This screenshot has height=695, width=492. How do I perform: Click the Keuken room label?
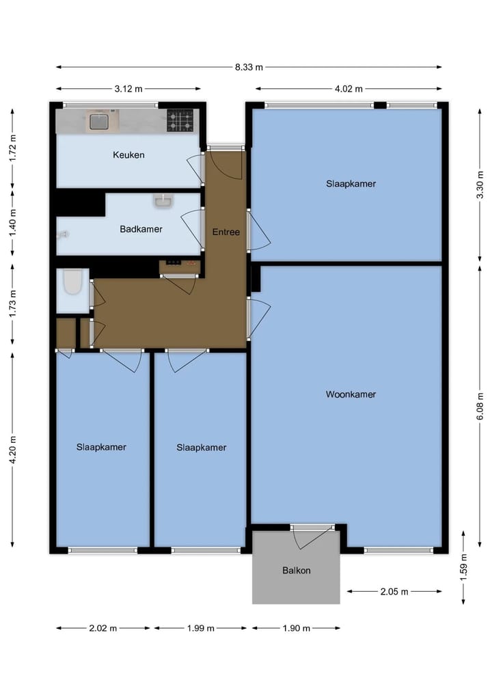point(128,155)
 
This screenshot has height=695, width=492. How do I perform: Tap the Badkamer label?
point(141,229)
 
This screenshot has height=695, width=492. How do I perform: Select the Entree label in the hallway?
point(225,232)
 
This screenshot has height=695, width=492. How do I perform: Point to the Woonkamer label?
point(351,394)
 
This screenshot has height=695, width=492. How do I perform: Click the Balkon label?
point(296,570)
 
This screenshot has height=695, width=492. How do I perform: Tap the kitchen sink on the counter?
point(98,122)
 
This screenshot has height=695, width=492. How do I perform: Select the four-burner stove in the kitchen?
point(180,121)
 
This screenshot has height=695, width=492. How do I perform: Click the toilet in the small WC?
point(72,282)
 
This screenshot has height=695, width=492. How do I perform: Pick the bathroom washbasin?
point(163,200)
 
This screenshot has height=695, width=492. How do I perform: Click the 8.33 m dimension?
point(249,67)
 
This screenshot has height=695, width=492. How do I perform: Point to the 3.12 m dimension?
point(128,89)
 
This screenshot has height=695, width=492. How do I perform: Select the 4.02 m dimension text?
point(348,89)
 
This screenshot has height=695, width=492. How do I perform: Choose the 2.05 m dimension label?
point(394,592)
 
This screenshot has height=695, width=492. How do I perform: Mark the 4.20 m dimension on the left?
point(13,449)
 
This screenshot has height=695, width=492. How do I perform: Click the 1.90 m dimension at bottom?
point(296,628)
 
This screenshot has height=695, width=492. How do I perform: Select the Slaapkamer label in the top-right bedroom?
point(351,184)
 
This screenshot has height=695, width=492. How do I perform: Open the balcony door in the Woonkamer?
point(312,536)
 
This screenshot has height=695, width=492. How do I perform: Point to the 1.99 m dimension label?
point(200,628)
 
